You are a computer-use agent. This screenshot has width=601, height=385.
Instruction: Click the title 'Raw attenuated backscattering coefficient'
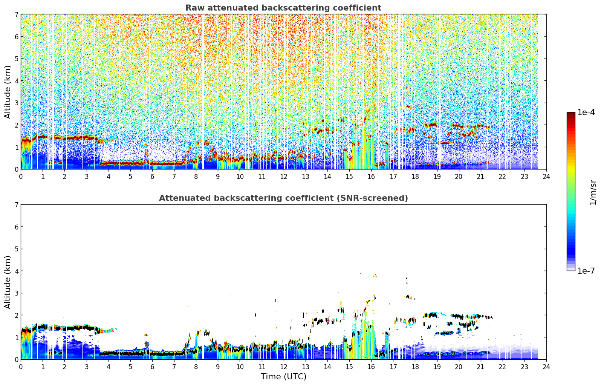point(283,8)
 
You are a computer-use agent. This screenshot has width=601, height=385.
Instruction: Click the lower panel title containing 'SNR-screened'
point(283,198)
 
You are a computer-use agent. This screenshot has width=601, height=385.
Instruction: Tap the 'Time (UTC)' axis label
point(283,377)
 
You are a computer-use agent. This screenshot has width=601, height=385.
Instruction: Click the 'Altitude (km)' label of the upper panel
point(8,92)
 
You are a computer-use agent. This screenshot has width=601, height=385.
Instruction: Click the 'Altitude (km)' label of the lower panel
point(8,282)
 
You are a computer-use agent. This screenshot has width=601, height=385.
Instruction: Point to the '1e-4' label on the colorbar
point(586,112)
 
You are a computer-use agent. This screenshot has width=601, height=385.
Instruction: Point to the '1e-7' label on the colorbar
point(586,271)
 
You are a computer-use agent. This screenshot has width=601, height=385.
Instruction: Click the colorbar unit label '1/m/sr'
point(593,193)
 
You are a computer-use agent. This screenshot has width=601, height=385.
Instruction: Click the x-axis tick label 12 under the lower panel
point(284,367)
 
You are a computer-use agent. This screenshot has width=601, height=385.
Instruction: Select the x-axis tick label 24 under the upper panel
point(546,177)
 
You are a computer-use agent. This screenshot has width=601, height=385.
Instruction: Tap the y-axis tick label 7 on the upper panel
point(16,14)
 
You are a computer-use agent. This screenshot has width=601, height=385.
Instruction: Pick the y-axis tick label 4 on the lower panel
point(16,271)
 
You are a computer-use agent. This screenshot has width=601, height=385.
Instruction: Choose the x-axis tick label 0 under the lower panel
point(21,367)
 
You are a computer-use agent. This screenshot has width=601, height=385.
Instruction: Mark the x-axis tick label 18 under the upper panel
point(415,177)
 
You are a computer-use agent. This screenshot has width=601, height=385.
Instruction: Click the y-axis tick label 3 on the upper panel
point(16,103)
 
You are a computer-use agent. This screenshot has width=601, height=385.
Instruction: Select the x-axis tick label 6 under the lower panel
point(152,367)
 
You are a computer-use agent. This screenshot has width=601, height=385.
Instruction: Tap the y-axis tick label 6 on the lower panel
point(16,227)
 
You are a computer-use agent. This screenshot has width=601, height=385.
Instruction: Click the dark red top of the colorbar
point(571,114)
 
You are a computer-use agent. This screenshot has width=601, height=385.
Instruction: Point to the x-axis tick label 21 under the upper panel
point(480,177)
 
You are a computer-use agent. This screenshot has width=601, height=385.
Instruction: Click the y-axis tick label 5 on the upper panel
point(16,59)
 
